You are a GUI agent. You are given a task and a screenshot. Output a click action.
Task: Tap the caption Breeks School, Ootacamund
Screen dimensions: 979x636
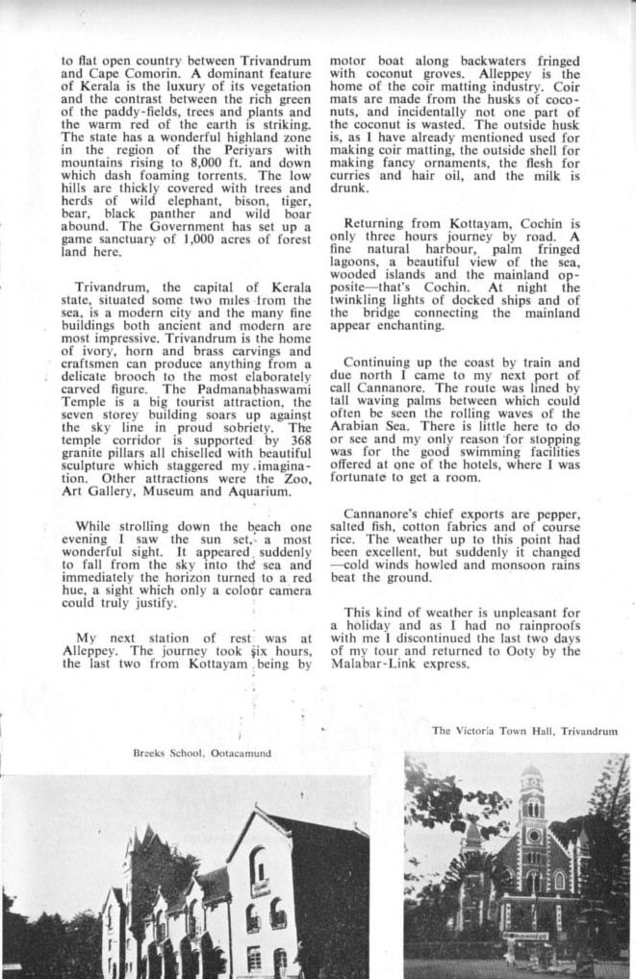pyautogui.click(x=202, y=754)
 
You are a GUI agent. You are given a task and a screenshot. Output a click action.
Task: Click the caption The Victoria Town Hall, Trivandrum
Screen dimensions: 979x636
pyautogui.click(x=524, y=732)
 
